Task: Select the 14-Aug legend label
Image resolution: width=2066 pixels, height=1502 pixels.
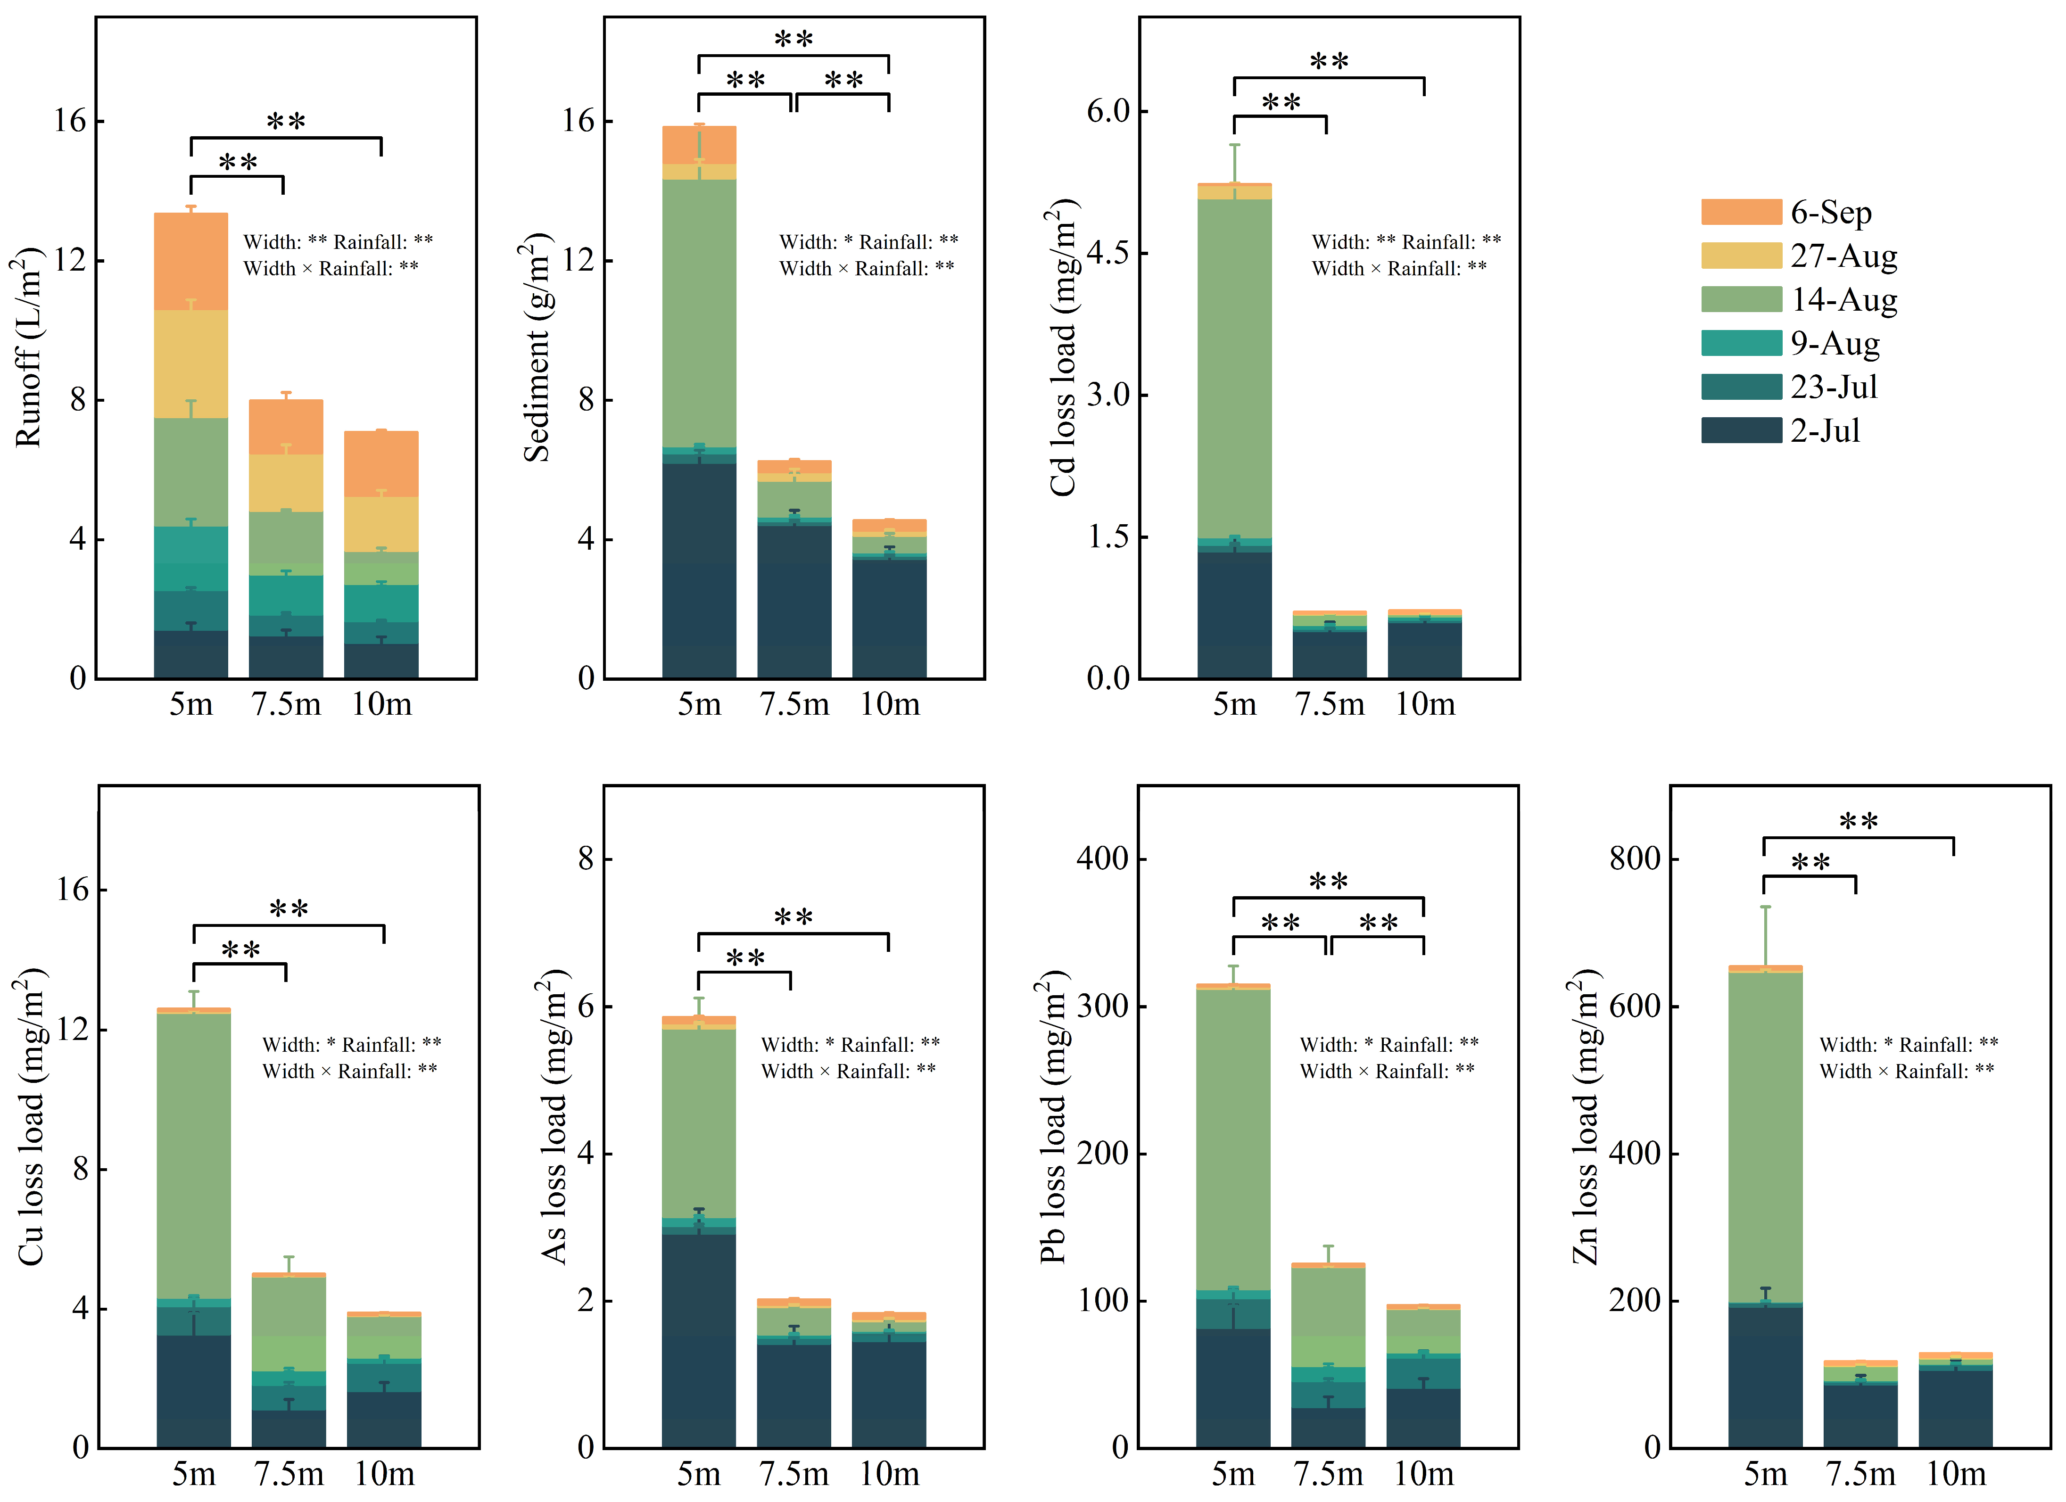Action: tap(1844, 300)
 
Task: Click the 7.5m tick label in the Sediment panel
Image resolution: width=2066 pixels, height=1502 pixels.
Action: tap(794, 704)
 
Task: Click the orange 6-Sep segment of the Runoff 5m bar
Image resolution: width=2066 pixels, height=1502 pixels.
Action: tap(191, 262)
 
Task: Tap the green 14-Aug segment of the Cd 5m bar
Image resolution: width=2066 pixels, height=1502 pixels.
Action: tap(1234, 369)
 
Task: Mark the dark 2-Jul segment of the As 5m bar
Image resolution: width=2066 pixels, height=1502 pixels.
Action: tap(699, 1341)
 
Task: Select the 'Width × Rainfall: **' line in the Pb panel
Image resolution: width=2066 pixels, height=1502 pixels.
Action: tap(1388, 1071)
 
